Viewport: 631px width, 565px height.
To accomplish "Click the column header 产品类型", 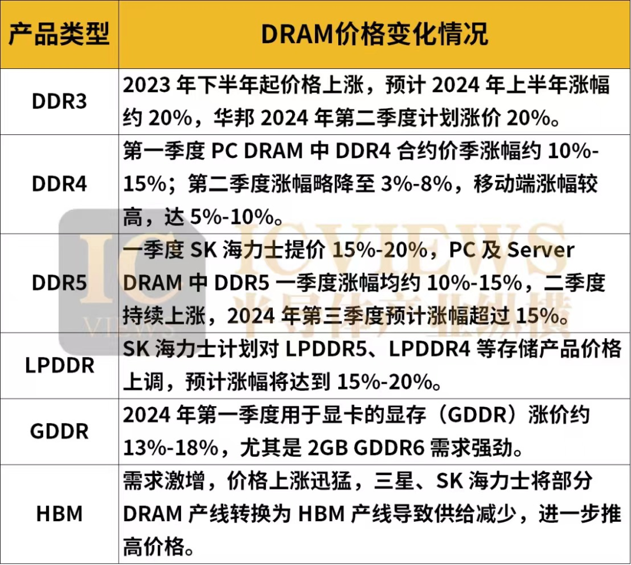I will [59, 35].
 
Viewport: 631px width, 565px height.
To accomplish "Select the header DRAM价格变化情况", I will [375, 35].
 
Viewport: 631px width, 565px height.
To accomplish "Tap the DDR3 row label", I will [59, 102].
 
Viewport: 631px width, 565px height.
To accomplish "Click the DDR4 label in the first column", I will [59, 184].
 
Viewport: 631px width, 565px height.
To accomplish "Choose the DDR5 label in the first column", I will [59, 283].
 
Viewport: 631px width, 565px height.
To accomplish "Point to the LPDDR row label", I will [59, 366].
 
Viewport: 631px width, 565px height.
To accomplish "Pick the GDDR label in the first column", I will [59, 432].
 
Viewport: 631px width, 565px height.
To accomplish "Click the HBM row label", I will [59, 514].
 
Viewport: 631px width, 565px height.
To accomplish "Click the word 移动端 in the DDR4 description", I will [500, 185].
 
